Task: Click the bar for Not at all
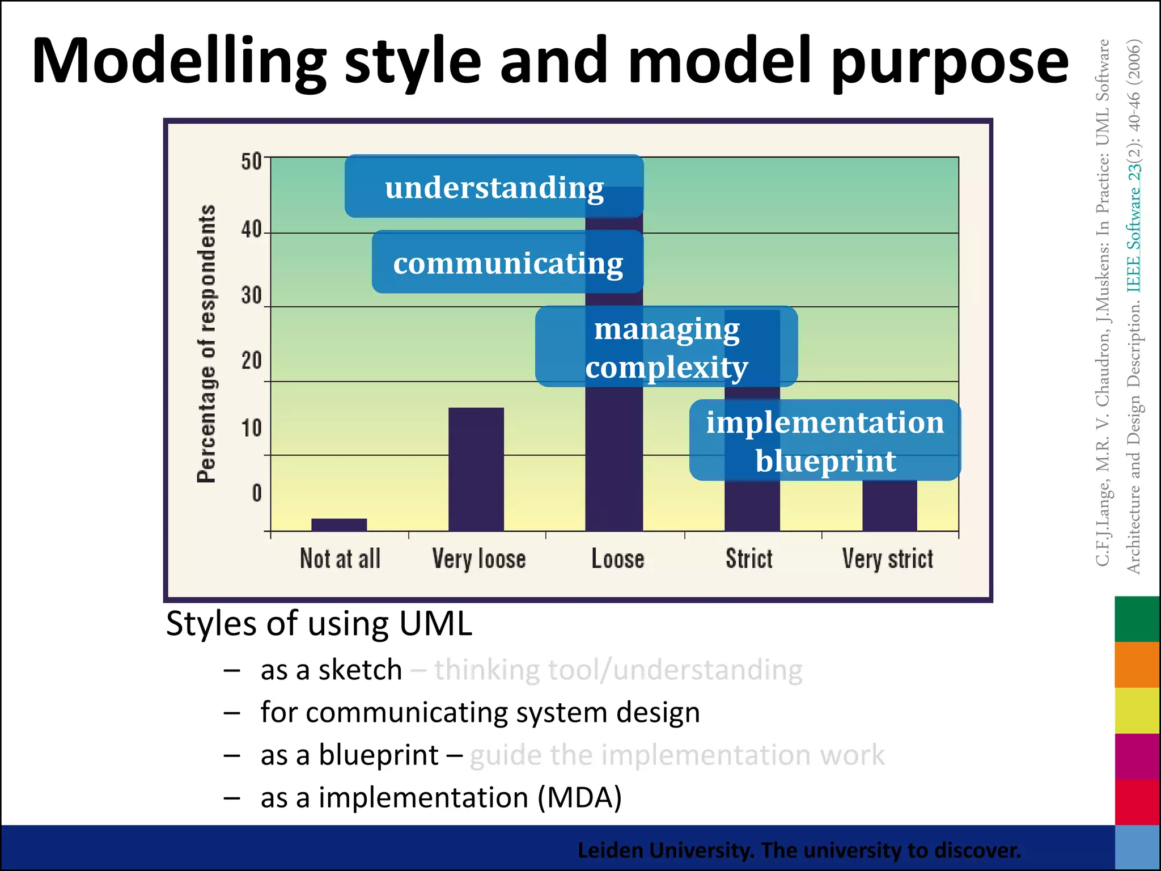[339, 525]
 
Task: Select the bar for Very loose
[476, 469]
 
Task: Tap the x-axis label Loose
[618, 559]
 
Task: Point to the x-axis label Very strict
[887, 559]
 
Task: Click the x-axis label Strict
[749, 559]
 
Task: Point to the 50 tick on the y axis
[251, 162]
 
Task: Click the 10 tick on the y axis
[251, 428]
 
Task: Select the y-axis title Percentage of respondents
[206, 344]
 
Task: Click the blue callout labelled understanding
[494, 187]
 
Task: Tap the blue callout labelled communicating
[507, 262]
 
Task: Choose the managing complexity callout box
[666, 347]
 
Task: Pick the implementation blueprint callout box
[825, 441]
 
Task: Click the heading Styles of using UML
[319, 624]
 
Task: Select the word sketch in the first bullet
[360, 670]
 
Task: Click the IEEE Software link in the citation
[1134, 227]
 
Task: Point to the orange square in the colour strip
[1137, 664]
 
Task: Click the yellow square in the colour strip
[1137, 710]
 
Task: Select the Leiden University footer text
[799, 850]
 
